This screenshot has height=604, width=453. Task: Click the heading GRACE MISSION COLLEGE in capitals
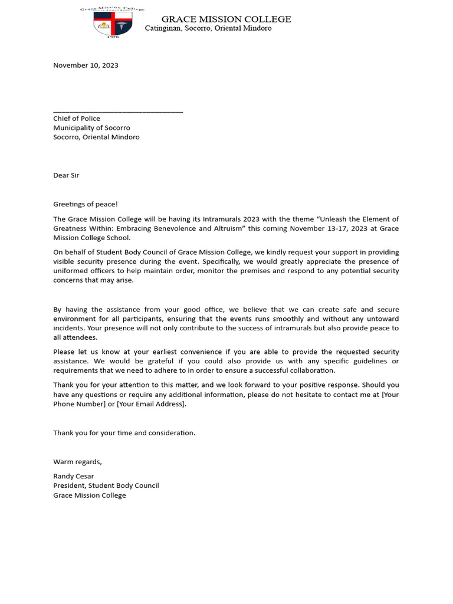click(226, 19)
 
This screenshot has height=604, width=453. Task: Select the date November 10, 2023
click(86, 65)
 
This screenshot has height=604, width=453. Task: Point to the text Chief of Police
click(77, 119)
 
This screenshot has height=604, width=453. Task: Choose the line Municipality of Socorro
click(91, 128)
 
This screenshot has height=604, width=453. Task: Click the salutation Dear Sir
click(66, 175)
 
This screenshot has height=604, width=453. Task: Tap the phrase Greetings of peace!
click(86, 204)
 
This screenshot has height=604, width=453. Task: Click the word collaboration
click(311, 370)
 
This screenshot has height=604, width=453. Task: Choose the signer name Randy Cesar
click(74, 476)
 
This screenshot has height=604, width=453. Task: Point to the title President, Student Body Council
click(106, 485)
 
